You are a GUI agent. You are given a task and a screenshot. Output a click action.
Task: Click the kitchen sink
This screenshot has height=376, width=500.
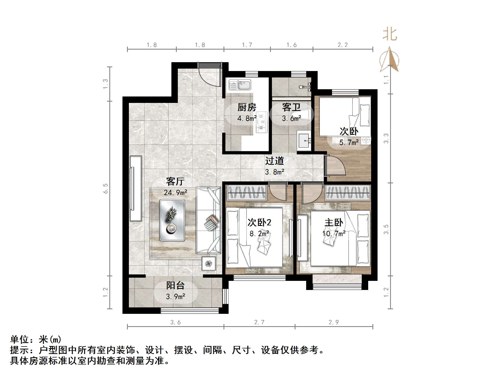[240, 85]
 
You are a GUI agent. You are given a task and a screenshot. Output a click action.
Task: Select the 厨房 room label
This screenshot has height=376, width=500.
[247, 107]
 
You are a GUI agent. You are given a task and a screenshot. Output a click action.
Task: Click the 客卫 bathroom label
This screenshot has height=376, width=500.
[291, 107]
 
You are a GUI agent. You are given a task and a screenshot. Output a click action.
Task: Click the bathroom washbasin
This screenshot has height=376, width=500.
[304, 140]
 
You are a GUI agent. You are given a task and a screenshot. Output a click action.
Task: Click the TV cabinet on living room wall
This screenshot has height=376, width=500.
[136, 188]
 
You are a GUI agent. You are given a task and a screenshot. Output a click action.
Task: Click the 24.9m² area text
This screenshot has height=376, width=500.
[175, 192]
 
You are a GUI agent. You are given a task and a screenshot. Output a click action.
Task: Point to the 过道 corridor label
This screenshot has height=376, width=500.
[274, 161]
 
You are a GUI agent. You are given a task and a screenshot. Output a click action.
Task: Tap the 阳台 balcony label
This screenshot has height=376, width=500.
[175, 285]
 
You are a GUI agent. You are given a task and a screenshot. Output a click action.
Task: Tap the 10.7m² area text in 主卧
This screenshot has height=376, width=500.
[334, 233]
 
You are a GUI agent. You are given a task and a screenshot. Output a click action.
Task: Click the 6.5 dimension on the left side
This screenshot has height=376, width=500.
[106, 188]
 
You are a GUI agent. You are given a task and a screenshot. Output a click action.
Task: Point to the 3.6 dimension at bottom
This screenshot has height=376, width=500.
[175, 322]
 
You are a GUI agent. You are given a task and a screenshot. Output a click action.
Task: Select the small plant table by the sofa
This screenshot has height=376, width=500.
[209, 264]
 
